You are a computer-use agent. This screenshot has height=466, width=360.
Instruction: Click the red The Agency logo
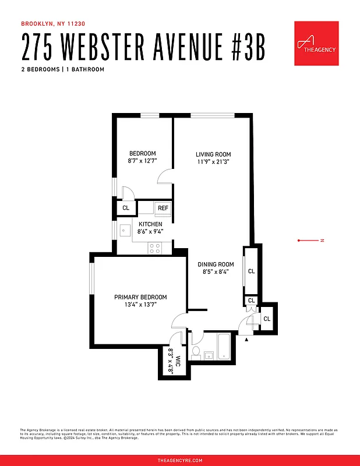pos(316,44)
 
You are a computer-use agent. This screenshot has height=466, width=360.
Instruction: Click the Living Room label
pos(213,154)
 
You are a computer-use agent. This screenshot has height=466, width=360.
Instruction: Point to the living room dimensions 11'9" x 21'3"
pos(213,162)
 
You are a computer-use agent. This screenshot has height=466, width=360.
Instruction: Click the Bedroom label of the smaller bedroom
pos(142,153)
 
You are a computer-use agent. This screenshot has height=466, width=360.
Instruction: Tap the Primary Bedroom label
pos(140,296)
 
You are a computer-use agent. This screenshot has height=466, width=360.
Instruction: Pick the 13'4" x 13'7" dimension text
pos(140,304)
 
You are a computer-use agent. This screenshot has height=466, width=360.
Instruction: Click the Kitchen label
pos(150,224)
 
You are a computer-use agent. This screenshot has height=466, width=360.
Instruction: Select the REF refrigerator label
pos(163,208)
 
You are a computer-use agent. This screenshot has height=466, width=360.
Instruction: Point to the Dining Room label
pos(218,264)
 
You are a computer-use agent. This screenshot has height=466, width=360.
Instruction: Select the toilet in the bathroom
pos(197,351)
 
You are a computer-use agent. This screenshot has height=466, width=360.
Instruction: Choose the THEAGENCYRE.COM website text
pos(180,460)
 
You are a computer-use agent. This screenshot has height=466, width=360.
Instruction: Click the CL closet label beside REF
pos(126,208)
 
